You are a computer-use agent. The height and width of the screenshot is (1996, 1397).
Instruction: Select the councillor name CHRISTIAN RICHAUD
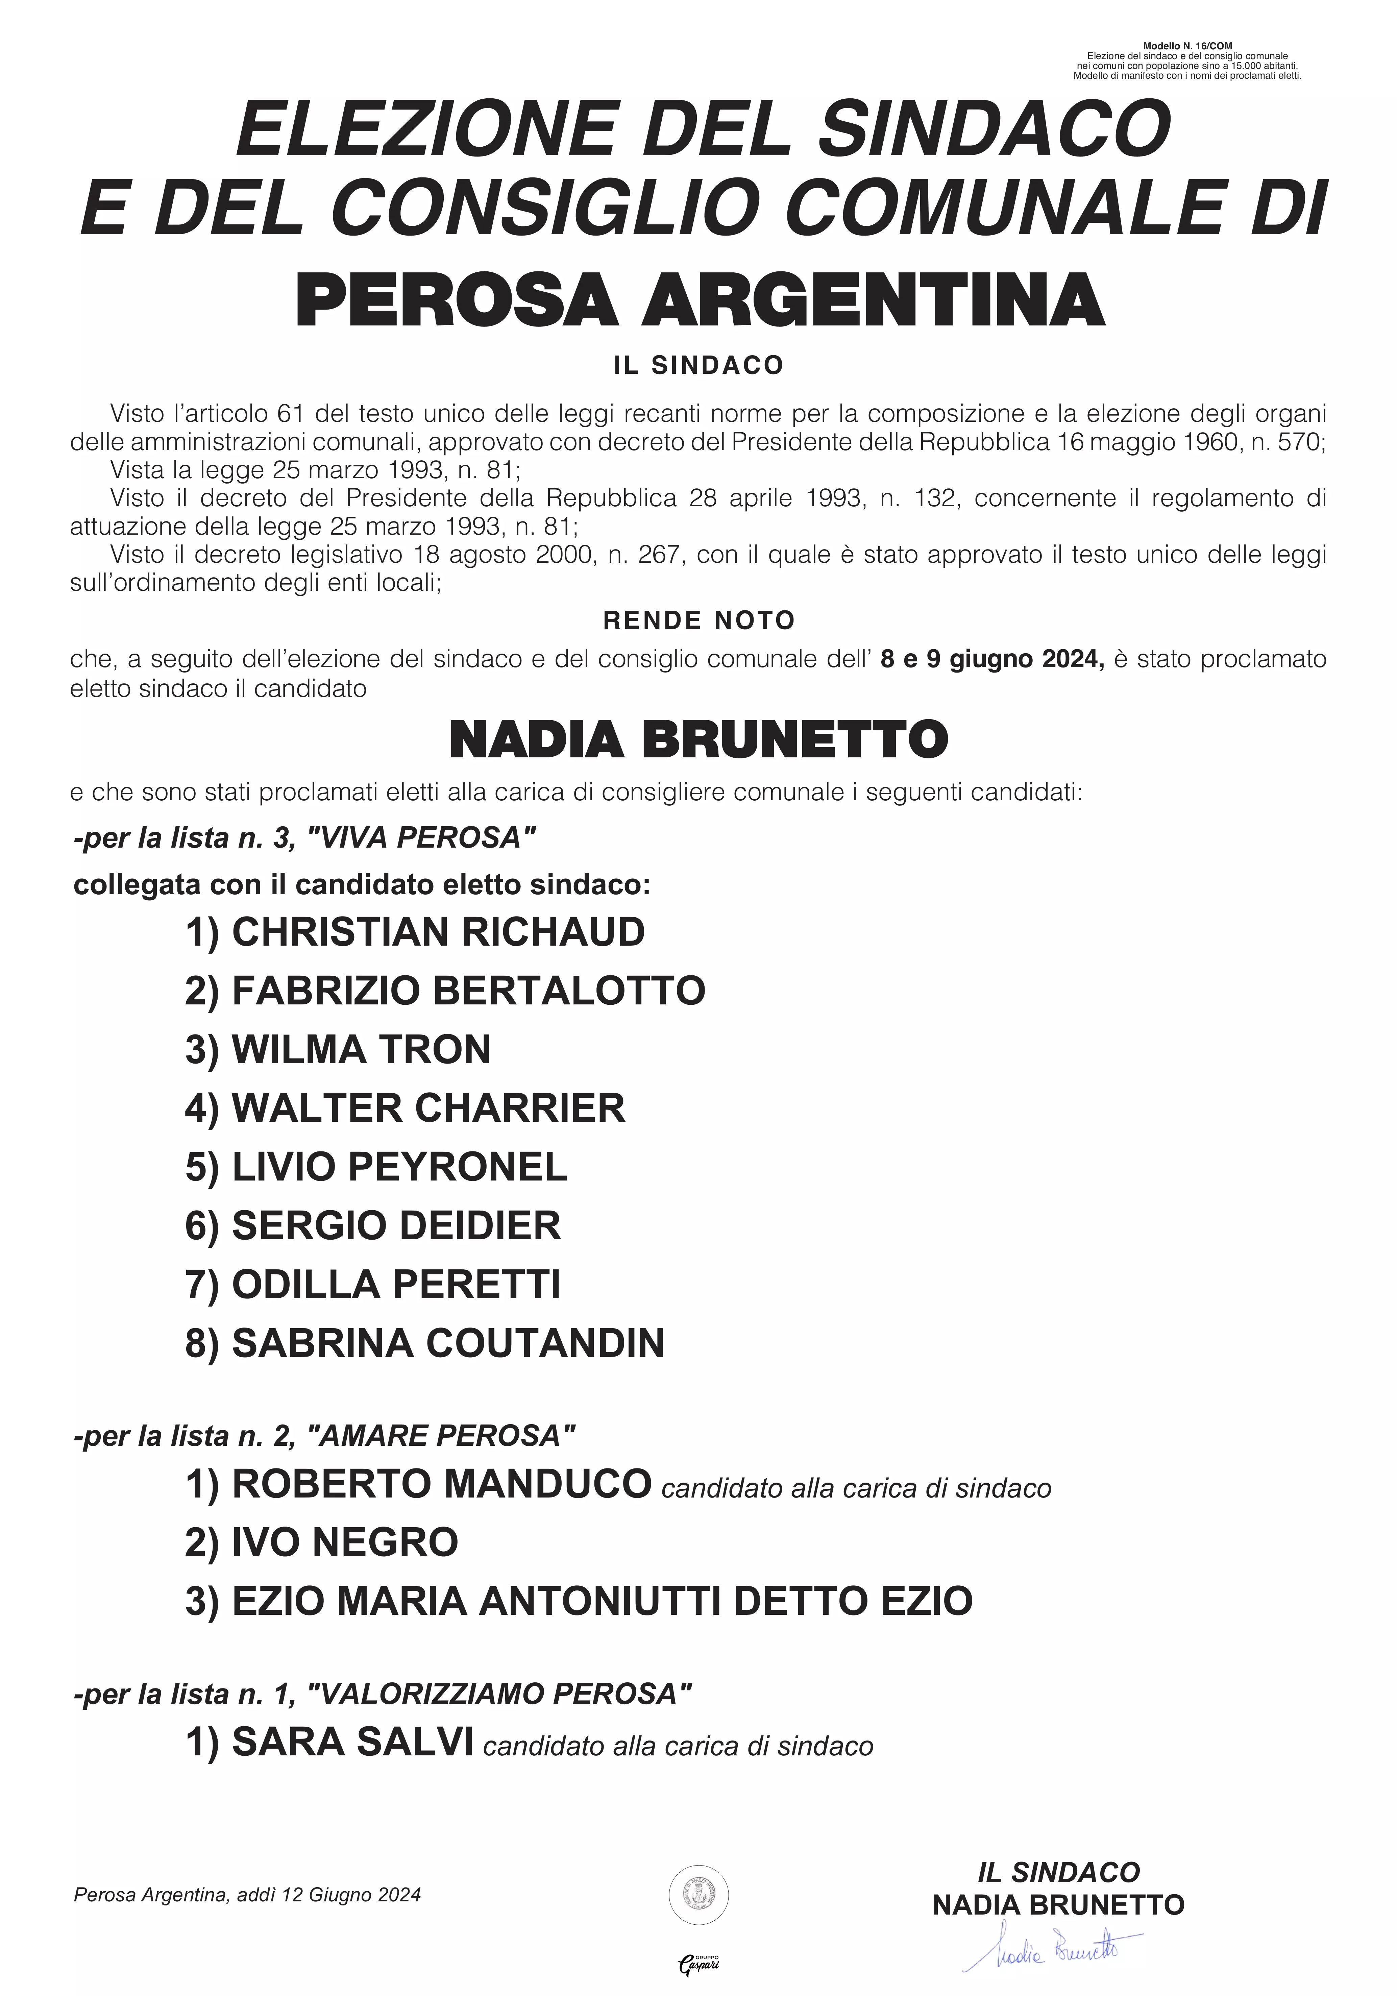point(438,932)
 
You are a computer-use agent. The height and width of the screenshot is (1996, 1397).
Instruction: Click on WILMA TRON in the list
point(361,1049)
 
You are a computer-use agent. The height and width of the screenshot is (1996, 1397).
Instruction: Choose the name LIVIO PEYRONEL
point(399,1167)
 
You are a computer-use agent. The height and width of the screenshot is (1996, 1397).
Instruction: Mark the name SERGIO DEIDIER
point(395,1226)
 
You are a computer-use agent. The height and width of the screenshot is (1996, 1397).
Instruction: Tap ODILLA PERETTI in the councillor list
point(395,1284)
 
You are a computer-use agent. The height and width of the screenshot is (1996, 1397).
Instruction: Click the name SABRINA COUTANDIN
point(448,1343)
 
